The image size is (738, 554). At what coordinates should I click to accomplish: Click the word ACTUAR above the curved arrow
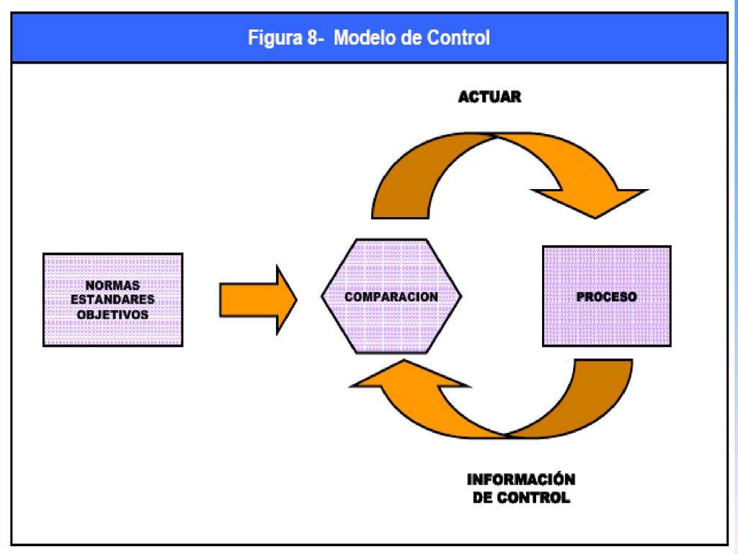tap(489, 97)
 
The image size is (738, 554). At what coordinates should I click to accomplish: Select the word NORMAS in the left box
tap(112, 285)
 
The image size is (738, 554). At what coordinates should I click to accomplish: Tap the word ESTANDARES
tap(112, 299)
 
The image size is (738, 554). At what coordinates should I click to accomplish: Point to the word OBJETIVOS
tap(112, 315)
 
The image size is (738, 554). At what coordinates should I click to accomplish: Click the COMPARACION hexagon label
tap(391, 296)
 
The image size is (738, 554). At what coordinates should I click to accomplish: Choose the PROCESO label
tap(607, 296)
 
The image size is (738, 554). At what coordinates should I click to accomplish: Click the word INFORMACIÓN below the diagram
tap(521, 479)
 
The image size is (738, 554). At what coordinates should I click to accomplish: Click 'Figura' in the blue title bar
tap(275, 38)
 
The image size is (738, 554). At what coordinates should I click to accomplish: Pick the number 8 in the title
tap(312, 38)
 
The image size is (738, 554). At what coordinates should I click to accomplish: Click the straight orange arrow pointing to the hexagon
tap(259, 299)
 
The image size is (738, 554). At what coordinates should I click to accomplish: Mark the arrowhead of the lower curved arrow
tap(409, 375)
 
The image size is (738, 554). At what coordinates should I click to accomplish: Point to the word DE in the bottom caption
tap(482, 498)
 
